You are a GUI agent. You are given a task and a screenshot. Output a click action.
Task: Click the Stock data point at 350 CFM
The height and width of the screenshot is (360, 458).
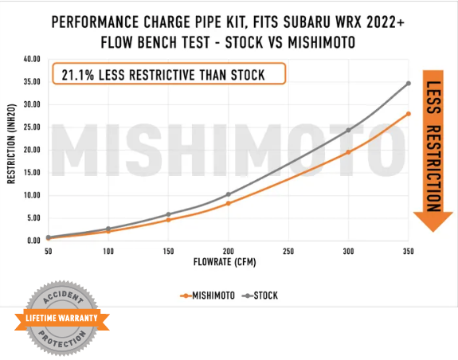(x=409, y=83)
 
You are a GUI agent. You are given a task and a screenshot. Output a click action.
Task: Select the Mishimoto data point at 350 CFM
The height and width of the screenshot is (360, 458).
(x=409, y=114)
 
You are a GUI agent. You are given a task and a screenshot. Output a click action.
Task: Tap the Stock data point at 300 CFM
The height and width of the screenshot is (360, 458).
(x=348, y=130)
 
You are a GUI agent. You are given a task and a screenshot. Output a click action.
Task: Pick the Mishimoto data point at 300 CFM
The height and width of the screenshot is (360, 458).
(x=348, y=152)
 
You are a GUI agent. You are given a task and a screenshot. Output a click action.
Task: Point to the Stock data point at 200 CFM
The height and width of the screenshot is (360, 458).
(x=229, y=194)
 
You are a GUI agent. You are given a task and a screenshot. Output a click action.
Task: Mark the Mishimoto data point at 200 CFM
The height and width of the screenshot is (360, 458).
(x=229, y=204)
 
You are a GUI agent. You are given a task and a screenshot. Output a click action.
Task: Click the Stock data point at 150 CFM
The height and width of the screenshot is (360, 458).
(x=168, y=214)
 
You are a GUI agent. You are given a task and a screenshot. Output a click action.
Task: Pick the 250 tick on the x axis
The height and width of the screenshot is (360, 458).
(x=288, y=250)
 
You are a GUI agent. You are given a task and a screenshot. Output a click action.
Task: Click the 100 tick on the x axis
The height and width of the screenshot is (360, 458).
(x=108, y=250)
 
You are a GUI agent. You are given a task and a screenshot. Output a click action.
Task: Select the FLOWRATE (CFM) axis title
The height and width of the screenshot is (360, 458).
(x=228, y=262)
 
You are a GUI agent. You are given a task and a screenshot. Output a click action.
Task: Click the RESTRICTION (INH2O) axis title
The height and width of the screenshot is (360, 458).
(x=11, y=149)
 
